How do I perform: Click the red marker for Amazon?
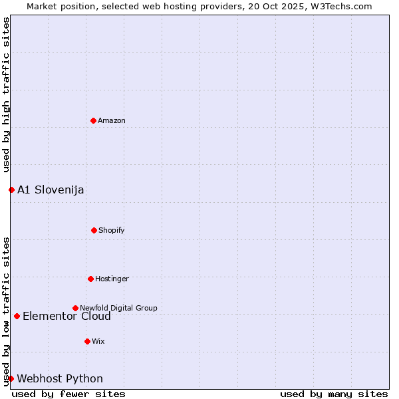(94, 120)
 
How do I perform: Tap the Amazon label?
(112, 120)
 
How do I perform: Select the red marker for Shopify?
(94, 230)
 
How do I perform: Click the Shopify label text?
(112, 230)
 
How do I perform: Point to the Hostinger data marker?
(90, 279)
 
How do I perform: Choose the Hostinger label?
(112, 279)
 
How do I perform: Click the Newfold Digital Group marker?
(75, 308)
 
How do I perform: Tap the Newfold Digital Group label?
(118, 308)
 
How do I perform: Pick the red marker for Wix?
(87, 341)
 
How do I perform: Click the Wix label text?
(98, 341)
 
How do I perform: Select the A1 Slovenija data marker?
(11, 190)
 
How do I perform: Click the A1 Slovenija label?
(51, 190)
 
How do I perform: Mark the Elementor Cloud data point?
(17, 316)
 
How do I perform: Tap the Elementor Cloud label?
(66, 317)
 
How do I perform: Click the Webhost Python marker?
(11, 378)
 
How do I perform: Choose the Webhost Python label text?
(60, 379)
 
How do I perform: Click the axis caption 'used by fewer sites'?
(68, 394)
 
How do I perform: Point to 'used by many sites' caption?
(334, 394)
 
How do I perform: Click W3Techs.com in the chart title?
(339, 6)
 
